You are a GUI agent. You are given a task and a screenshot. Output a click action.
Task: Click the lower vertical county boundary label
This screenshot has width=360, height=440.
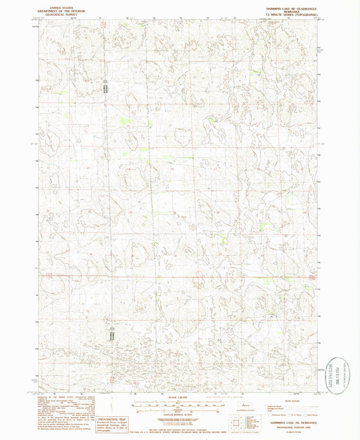click(x=107, y=334)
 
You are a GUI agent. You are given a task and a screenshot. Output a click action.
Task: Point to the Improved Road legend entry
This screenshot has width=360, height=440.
click(x=280, y=403)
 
